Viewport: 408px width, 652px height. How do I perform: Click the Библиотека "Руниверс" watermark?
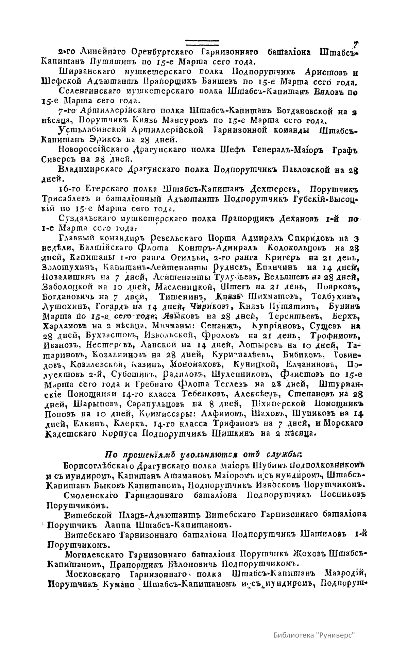tap(314, 635)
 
